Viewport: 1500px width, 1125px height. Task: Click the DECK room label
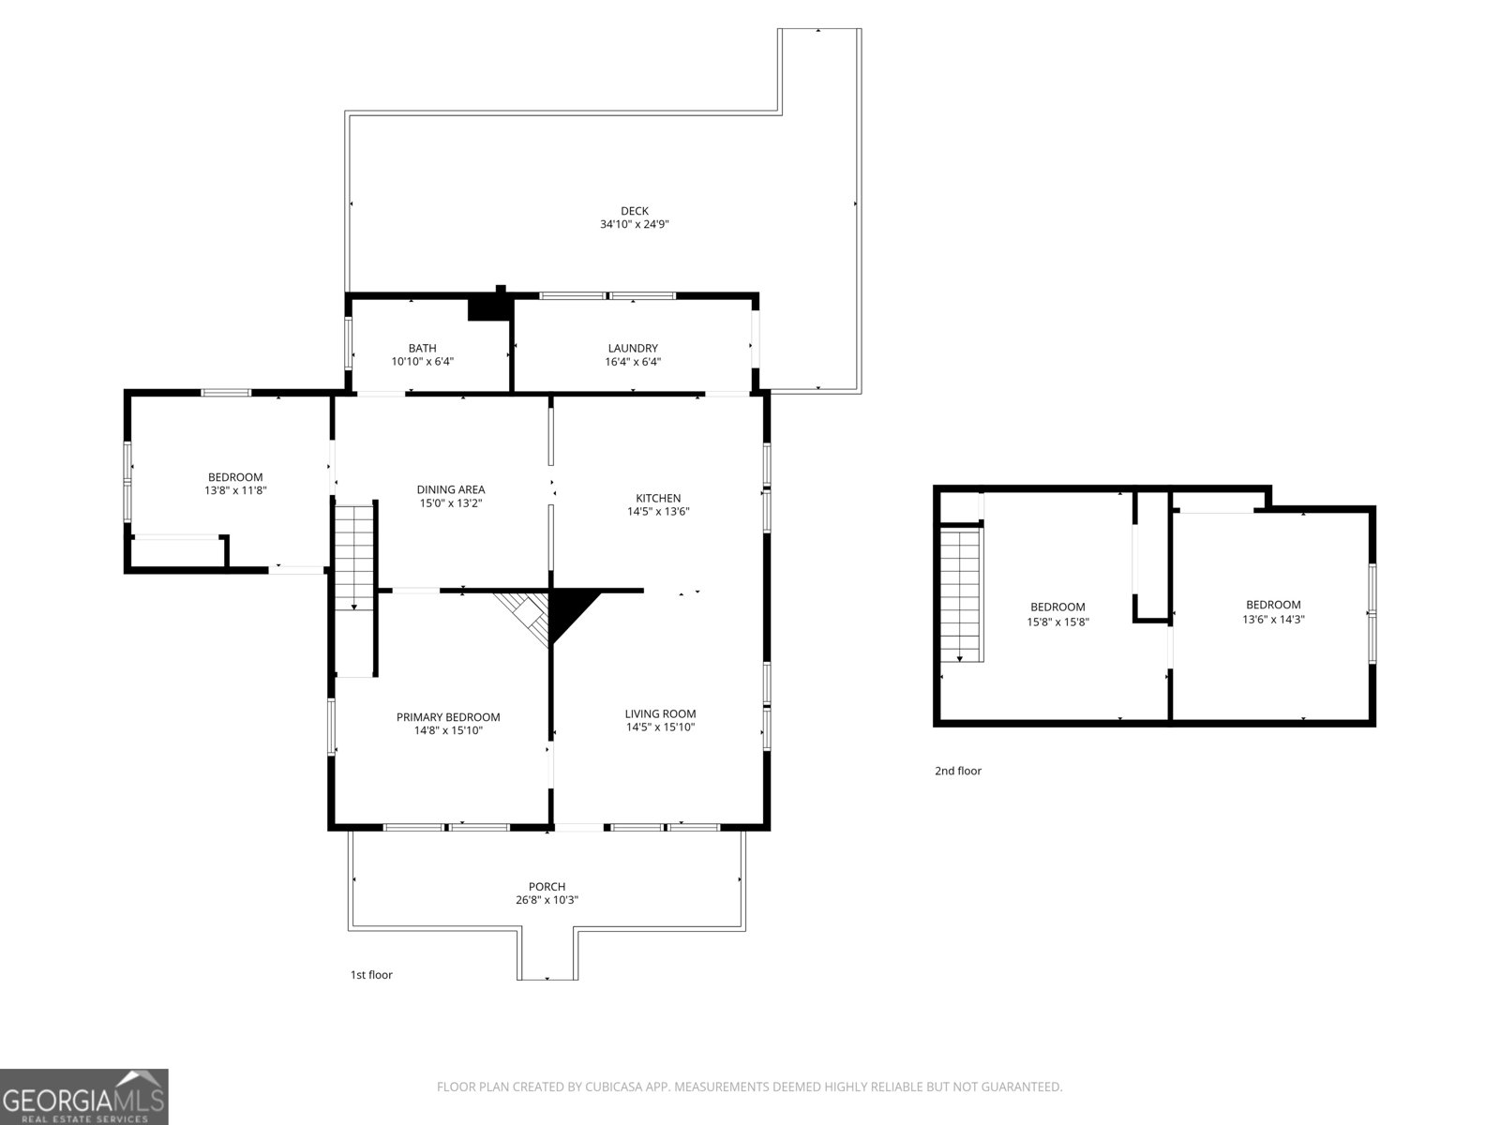click(634, 211)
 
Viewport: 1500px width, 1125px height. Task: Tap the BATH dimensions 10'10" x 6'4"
click(422, 361)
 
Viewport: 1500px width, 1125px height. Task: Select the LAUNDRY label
click(633, 348)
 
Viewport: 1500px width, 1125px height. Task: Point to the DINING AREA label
click(451, 489)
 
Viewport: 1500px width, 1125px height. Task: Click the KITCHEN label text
click(658, 498)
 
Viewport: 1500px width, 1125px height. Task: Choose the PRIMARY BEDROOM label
click(448, 717)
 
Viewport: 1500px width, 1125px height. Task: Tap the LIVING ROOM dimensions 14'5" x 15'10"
click(660, 727)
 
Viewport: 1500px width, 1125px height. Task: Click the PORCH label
click(547, 887)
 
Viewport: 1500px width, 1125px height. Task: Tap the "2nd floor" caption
click(957, 771)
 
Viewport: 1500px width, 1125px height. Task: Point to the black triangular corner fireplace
click(568, 609)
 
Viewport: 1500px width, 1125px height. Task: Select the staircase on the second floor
click(961, 594)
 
